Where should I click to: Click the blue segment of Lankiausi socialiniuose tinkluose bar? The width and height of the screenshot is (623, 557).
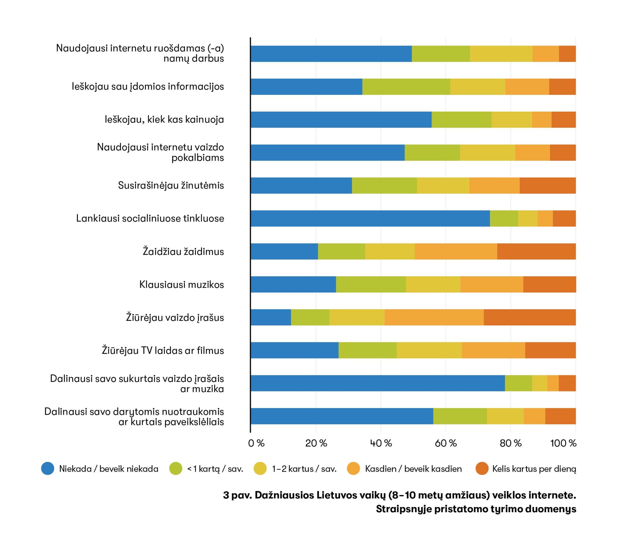point(370,218)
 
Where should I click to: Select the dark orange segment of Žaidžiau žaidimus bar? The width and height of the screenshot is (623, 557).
point(536,251)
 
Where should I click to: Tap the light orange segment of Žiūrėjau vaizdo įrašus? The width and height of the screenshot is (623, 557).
point(434,317)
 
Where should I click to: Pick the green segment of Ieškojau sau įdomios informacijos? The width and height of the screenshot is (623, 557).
point(406,87)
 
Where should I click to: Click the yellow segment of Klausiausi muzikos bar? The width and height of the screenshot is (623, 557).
point(433,285)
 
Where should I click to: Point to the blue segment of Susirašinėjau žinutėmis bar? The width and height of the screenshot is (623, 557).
point(301,185)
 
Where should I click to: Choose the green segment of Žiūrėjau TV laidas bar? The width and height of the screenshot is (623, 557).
point(367,350)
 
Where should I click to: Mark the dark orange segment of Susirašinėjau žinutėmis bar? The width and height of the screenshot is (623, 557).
point(547,185)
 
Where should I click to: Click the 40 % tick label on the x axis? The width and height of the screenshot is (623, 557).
point(381,443)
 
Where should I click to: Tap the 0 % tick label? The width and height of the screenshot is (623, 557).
point(256,443)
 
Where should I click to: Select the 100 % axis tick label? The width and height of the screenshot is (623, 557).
point(563,443)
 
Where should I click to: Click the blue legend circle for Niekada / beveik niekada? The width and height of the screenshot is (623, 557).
point(48,469)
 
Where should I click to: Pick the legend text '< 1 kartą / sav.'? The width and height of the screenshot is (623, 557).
point(215,469)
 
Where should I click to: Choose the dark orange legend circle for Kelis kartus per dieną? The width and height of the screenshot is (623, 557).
point(482,469)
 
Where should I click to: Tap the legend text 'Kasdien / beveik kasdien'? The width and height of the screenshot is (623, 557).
point(413,469)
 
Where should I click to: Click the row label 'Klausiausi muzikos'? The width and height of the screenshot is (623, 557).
point(181,285)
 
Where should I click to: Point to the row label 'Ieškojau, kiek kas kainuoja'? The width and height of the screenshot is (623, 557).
point(164,120)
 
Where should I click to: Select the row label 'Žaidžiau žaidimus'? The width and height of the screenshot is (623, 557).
point(183,252)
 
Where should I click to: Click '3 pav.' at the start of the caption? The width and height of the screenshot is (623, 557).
point(237,495)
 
